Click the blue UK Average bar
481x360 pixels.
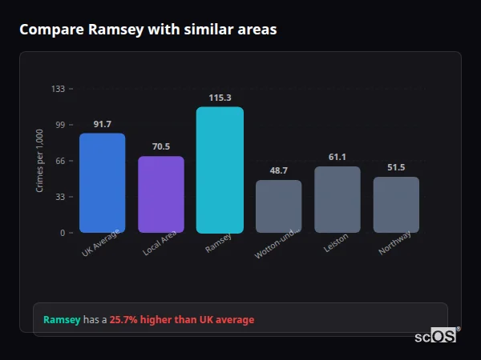pyautogui.click(x=102, y=183)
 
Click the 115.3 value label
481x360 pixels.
pyautogui.click(x=220, y=98)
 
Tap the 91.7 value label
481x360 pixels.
pyautogui.click(x=102, y=124)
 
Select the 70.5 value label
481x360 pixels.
pyautogui.click(x=161, y=147)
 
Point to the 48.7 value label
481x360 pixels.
pyautogui.click(x=279, y=170)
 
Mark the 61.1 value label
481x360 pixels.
pyautogui.click(x=338, y=157)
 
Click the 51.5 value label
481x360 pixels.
pyautogui.click(x=396, y=167)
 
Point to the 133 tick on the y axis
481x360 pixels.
pyautogui.click(x=58, y=89)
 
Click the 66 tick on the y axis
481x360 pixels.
pyautogui.click(x=60, y=161)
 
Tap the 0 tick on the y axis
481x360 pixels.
pyautogui.click(x=63, y=233)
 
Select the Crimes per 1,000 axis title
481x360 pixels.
pyautogui.click(x=40, y=161)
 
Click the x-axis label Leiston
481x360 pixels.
pyautogui.click(x=335, y=243)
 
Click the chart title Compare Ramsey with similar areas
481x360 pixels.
pyautogui.click(x=148, y=30)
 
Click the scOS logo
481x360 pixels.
pyautogui.click(x=436, y=336)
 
